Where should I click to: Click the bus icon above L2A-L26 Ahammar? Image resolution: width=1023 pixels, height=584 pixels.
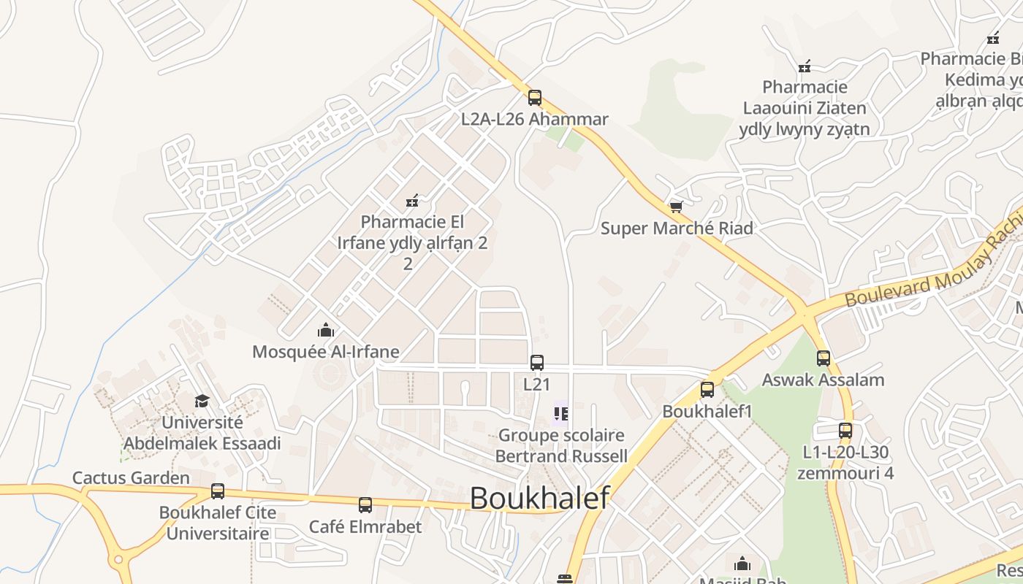535,98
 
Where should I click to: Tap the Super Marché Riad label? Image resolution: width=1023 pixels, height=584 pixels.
677,228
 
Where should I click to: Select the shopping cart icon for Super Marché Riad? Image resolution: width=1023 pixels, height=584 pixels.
677,207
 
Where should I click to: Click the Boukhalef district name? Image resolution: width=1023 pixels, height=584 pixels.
539,498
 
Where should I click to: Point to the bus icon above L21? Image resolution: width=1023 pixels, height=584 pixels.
537,362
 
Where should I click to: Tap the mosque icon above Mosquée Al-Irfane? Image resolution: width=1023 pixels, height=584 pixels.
326,331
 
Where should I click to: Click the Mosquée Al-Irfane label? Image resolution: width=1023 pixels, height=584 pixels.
326,352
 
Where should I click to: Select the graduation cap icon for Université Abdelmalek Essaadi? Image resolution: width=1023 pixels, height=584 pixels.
202,401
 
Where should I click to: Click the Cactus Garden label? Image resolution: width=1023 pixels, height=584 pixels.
131,478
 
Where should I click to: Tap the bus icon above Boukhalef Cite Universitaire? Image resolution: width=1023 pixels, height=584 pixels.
218,491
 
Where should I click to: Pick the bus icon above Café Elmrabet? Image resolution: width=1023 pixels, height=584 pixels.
365,504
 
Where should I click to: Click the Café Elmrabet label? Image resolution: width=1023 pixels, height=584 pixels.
365,526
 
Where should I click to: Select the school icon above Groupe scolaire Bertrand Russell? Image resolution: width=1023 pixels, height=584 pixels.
561,414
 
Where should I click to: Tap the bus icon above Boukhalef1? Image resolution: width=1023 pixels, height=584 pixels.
707,390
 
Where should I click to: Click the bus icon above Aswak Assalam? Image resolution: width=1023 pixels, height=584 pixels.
824,358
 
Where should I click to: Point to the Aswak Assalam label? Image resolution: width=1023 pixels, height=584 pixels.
824,380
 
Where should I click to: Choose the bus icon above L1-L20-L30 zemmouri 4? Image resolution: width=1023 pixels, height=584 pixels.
845,431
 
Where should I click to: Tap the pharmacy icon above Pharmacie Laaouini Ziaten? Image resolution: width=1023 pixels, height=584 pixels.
805,66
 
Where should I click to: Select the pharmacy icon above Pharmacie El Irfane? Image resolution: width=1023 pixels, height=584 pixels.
412,200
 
